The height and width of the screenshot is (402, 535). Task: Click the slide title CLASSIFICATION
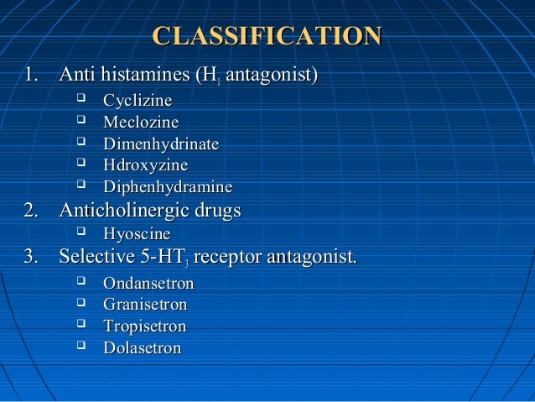tap(267, 36)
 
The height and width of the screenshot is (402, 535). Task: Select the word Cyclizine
tap(138, 101)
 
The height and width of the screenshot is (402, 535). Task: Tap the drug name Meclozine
tap(140, 123)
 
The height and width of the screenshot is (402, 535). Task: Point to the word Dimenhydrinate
tap(160, 144)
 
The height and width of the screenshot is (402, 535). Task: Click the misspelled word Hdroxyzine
tap(145, 165)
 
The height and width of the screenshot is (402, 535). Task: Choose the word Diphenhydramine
tap(167, 187)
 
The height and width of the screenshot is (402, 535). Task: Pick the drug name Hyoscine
tap(137, 233)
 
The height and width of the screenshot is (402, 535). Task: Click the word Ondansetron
tap(148, 283)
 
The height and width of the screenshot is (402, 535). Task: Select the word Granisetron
tap(145, 305)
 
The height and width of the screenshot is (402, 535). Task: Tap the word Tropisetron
tap(144, 326)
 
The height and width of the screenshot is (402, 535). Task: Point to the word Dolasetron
tap(142, 347)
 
